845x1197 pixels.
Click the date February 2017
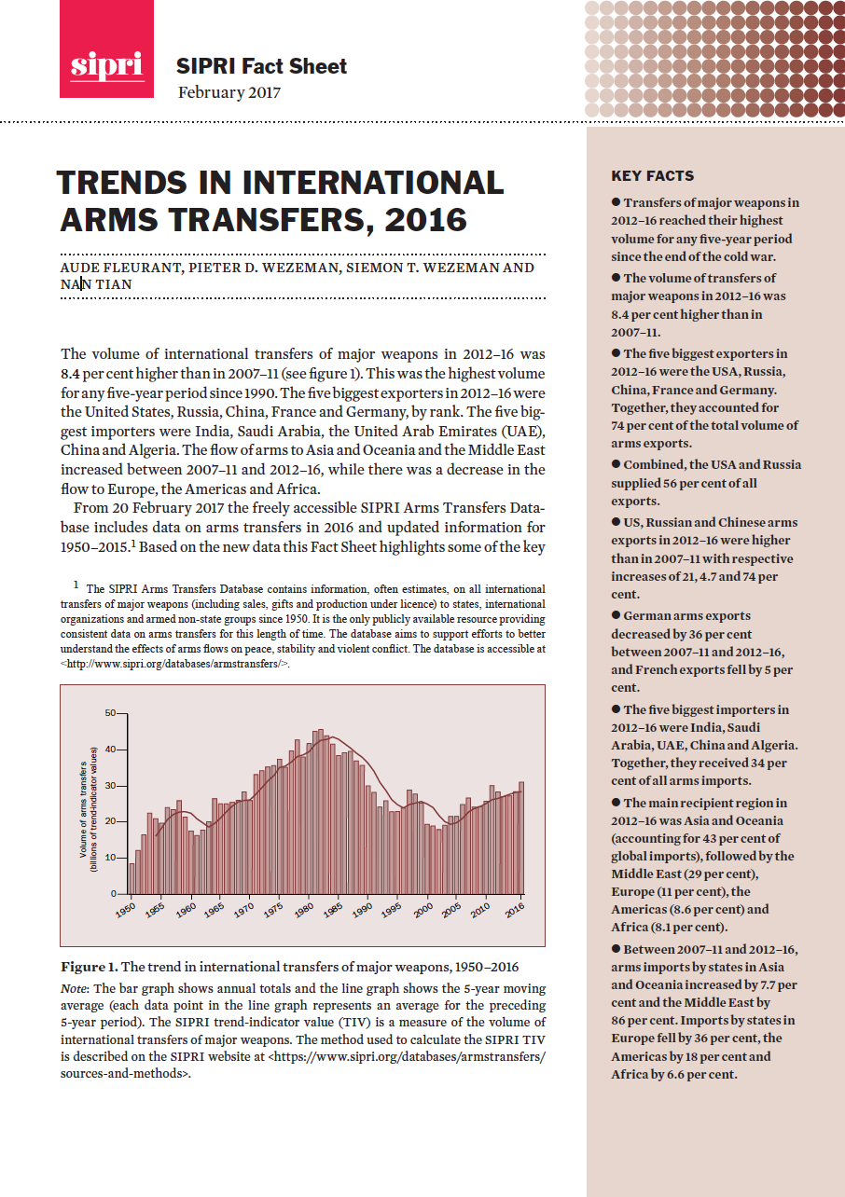coord(229,92)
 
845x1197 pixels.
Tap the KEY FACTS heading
coord(652,175)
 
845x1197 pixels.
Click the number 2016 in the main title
coord(430,218)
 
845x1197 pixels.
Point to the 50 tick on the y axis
coord(110,713)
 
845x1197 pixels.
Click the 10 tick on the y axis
coord(110,858)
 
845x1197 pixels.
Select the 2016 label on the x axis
coord(512,911)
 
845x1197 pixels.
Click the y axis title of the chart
coord(88,809)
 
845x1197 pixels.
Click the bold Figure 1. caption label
coord(90,966)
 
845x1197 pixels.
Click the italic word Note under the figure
coord(74,987)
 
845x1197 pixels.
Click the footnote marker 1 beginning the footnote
coord(75,585)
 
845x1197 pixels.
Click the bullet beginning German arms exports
coord(616,615)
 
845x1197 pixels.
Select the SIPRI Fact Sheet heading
coord(261,66)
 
